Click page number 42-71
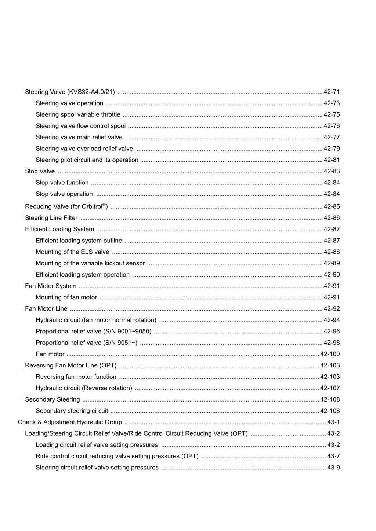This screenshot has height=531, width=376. tap(332, 92)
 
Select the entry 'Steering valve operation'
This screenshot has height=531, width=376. tap(69, 103)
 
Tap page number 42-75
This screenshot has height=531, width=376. tap(332, 115)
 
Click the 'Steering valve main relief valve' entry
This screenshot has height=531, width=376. tap(79, 138)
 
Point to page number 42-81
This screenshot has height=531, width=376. tap(332, 160)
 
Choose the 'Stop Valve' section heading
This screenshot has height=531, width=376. tap(40, 172)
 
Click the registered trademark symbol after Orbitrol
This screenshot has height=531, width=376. tap(104, 205)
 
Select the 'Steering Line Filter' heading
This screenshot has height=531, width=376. tap(51, 218)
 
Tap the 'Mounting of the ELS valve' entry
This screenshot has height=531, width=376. tap(72, 252)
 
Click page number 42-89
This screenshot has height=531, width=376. tap(332, 264)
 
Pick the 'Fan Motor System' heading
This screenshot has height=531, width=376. tap(51, 286)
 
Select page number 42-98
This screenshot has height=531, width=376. tap(332, 343)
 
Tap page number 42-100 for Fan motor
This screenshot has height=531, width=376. tap(330, 354)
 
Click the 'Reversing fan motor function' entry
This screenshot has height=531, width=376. tap(76, 377)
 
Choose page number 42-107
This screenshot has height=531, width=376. tap(330, 388)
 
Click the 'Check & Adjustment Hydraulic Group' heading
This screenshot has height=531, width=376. tap(70, 422)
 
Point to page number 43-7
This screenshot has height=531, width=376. tap(333, 457)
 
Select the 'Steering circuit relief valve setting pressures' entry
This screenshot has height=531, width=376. tap(97, 468)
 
